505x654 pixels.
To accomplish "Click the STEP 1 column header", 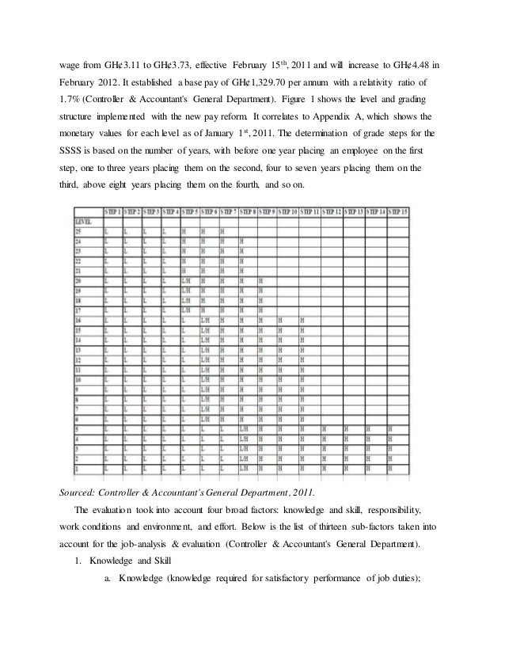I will pyautogui.click(x=113, y=212).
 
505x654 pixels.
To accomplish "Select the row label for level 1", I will pyautogui.click(x=78, y=466).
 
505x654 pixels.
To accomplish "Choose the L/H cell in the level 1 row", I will pyautogui.click(x=244, y=466).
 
